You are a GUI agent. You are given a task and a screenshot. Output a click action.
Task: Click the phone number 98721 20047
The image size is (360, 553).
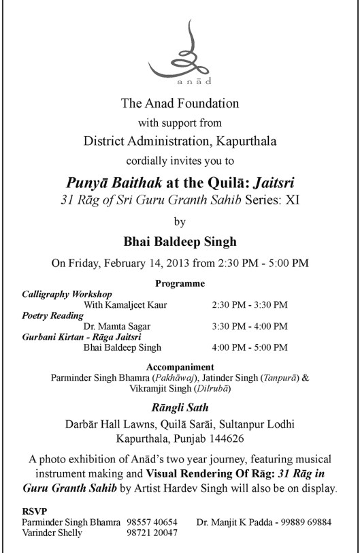pos(152,533)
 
